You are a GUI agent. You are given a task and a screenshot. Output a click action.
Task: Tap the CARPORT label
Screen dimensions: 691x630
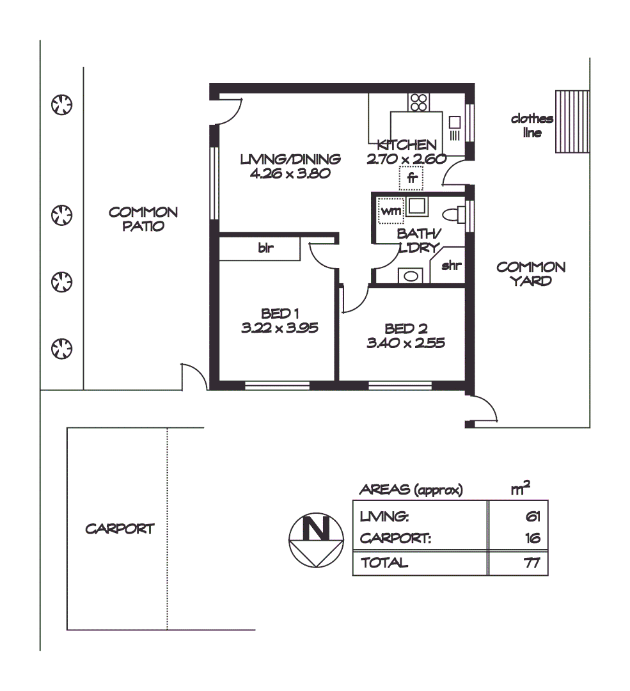pyautogui.click(x=120, y=529)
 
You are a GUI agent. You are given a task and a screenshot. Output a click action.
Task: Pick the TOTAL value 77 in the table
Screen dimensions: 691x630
pyautogui.click(x=532, y=563)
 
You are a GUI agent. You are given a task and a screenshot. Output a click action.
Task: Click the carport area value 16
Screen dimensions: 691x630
pyautogui.click(x=532, y=539)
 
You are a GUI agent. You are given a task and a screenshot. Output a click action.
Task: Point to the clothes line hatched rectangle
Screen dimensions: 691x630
pyautogui.click(x=571, y=122)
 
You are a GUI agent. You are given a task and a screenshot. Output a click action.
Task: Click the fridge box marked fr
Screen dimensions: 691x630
pyautogui.click(x=411, y=179)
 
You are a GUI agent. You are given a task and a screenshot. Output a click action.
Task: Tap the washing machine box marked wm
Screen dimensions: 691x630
pyautogui.click(x=388, y=210)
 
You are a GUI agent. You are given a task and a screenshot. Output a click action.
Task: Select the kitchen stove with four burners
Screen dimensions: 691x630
pyautogui.click(x=419, y=102)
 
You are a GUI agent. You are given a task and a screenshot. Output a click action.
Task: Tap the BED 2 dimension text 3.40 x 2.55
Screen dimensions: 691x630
pyautogui.click(x=406, y=343)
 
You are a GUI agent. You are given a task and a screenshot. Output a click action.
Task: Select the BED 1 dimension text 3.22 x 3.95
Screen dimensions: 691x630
pyautogui.click(x=280, y=328)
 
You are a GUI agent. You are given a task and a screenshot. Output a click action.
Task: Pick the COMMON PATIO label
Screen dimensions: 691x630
pyautogui.click(x=143, y=219)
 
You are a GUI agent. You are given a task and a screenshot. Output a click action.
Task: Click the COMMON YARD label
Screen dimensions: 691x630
pyautogui.click(x=531, y=273)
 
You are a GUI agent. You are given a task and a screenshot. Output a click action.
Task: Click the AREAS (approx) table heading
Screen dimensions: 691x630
pyautogui.click(x=411, y=490)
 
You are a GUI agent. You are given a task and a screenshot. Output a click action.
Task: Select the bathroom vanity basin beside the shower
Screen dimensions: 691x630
pyautogui.click(x=410, y=276)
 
